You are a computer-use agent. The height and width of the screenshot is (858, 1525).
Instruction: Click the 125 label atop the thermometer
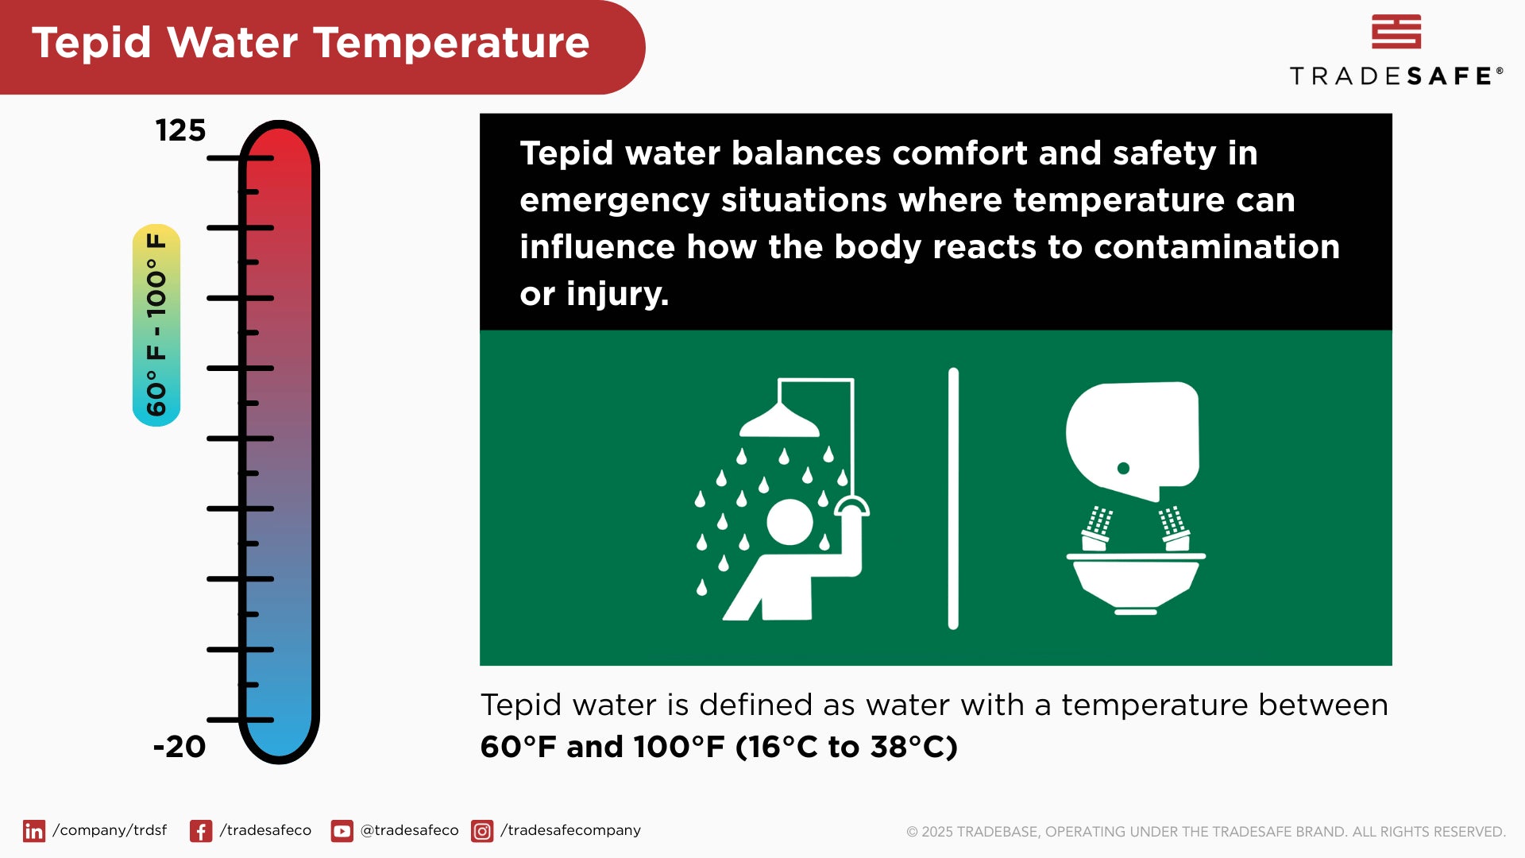[x=180, y=130]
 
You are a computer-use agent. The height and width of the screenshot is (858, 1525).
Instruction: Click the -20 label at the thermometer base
[x=180, y=747]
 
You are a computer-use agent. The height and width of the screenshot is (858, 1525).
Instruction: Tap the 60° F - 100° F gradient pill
[x=156, y=325]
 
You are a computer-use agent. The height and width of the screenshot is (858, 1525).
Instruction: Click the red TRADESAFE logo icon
[x=1396, y=32]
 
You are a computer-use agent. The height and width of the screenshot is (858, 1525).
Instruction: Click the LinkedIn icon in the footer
[x=34, y=831]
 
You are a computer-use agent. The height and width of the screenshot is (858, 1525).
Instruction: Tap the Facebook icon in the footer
[x=201, y=831]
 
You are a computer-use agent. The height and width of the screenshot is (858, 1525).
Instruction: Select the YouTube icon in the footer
[x=342, y=831]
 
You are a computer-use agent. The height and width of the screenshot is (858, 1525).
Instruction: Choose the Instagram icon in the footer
[x=482, y=831]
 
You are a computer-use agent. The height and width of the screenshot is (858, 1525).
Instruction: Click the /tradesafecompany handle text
[x=570, y=830]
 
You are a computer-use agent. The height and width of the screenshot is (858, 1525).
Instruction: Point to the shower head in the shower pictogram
[x=779, y=423]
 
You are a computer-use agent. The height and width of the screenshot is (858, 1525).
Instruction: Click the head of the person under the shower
[x=790, y=522]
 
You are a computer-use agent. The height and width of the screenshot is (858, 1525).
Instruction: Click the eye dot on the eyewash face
[x=1123, y=469]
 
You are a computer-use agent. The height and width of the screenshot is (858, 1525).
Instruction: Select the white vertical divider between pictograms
[x=953, y=498]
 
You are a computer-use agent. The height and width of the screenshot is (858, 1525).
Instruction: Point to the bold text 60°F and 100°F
[x=603, y=748]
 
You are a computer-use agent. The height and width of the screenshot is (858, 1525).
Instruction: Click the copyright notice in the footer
[x=1206, y=832]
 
